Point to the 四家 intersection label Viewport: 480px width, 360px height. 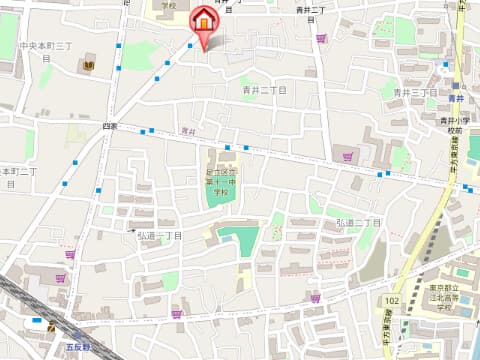click(x=109, y=126)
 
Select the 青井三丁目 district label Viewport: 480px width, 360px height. click(x=415, y=92)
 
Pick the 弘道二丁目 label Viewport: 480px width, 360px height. click(x=358, y=221)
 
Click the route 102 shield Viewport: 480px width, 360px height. click(x=392, y=300)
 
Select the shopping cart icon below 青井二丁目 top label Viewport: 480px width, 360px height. click(x=321, y=39)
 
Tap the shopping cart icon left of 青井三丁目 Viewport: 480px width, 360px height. click(x=348, y=156)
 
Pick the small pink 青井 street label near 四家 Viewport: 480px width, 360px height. click(x=188, y=131)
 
